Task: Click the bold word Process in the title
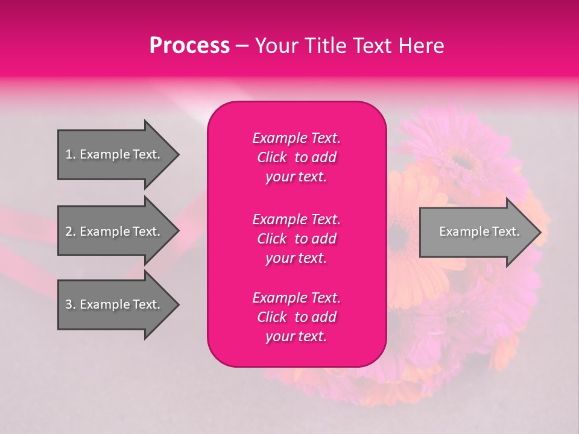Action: point(189,46)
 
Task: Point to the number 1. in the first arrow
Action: point(71,154)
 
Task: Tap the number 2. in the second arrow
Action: point(71,231)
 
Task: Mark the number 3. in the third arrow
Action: point(71,304)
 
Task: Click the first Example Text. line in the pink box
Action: point(296,138)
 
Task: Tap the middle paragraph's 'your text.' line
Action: point(296,258)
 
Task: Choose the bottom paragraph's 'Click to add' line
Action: point(296,317)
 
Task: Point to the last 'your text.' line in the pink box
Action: point(296,337)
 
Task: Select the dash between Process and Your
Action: point(242,46)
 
